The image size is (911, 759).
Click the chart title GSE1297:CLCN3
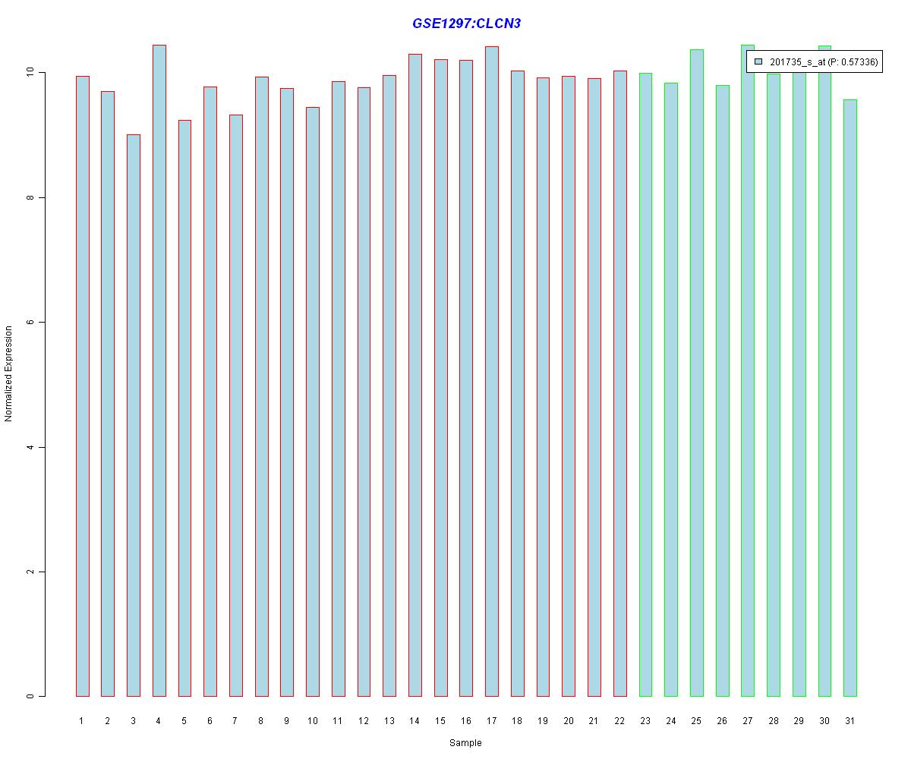click(466, 24)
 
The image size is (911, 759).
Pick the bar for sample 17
click(492, 371)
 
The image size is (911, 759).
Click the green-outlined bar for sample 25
click(696, 373)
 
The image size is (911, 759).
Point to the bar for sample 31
click(850, 398)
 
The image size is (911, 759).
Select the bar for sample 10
click(312, 402)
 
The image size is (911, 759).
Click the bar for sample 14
click(415, 375)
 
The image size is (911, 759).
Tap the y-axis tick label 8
click(31, 197)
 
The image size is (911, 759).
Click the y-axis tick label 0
click(31, 696)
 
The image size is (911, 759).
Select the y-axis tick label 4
click(31, 447)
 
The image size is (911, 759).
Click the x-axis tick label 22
click(619, 721)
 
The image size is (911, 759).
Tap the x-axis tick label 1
click(82, 721)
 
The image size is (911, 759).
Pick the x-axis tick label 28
click(773, 721)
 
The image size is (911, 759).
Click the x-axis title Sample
click(465, 743)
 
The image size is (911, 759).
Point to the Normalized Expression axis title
click(9, 373)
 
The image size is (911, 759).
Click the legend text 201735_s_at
click(797, 62)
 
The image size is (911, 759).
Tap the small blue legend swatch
click(758, 61)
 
